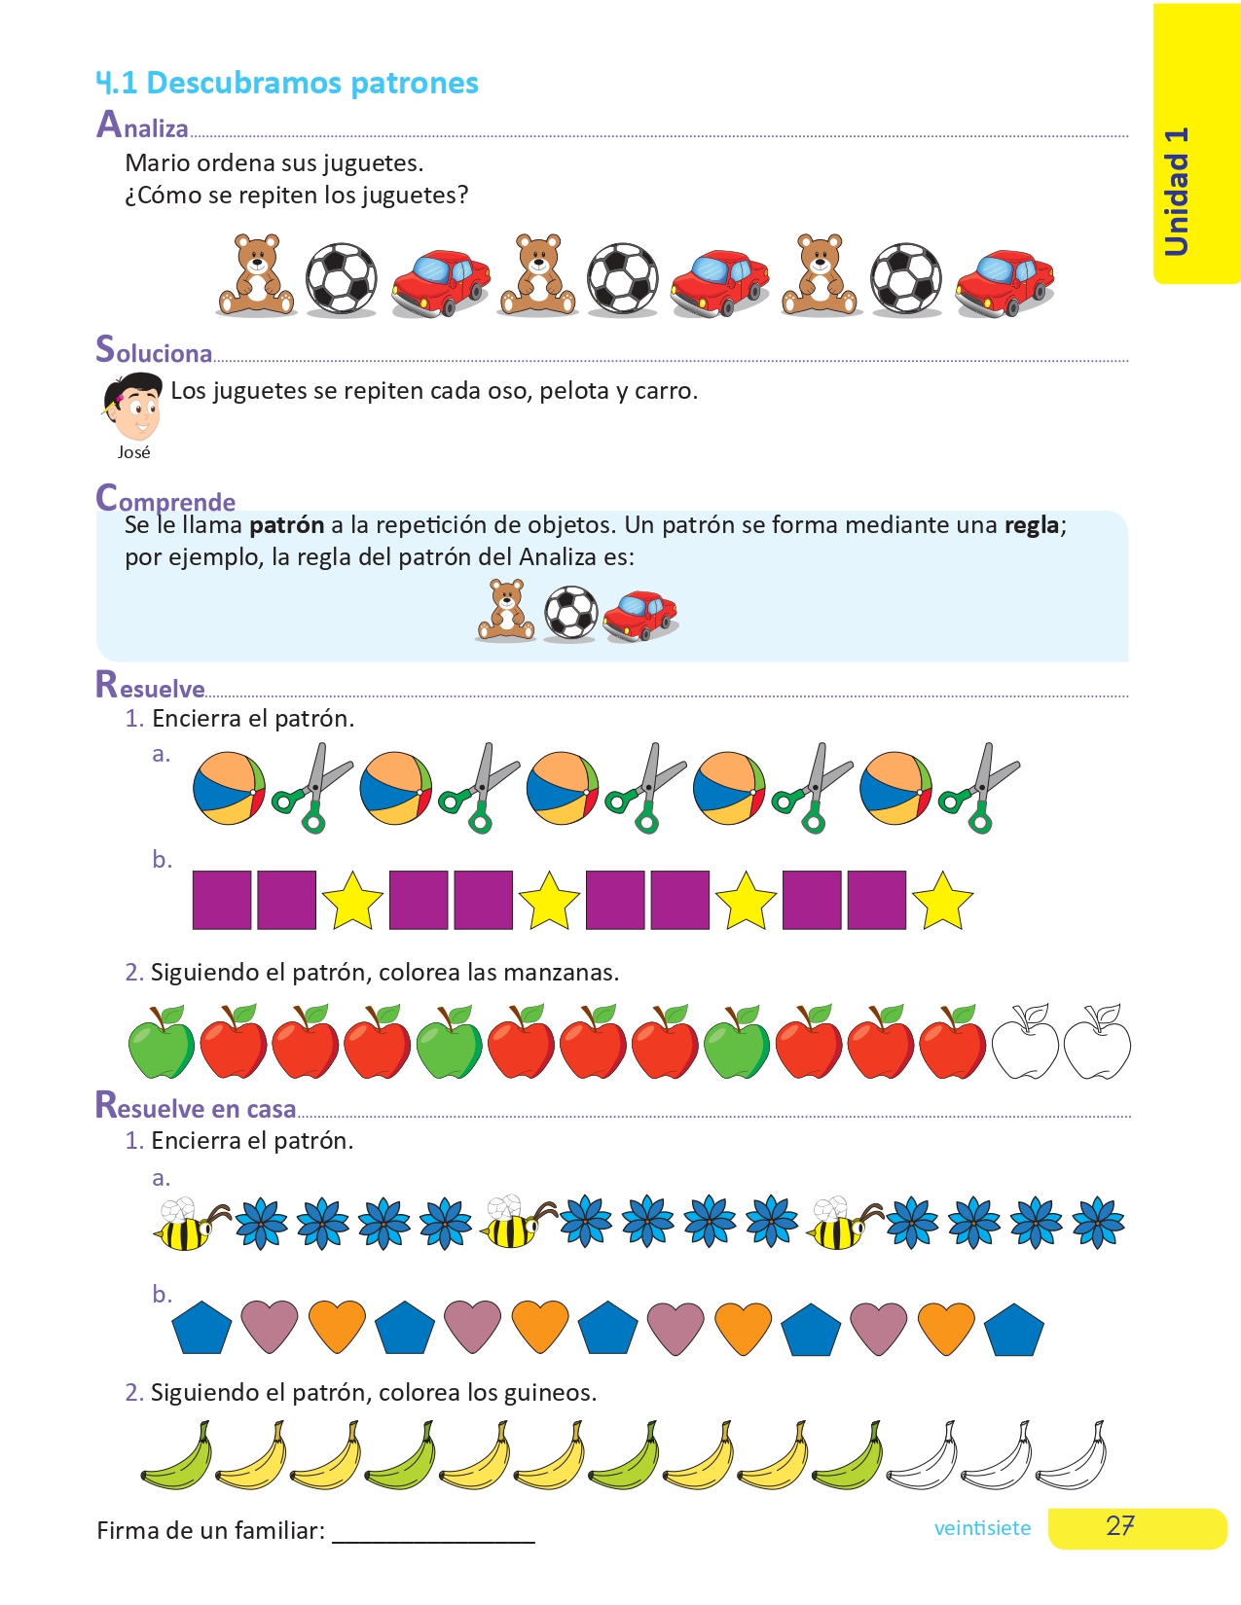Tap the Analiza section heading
142,125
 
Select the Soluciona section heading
154,350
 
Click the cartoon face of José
134,407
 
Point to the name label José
134,452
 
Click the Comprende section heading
165,500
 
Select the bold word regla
1031,525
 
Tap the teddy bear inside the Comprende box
505,611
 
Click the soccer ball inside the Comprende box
570,613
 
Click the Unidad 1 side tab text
1177,192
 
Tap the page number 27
1120,1526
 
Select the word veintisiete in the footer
982,1528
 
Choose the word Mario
157,162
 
